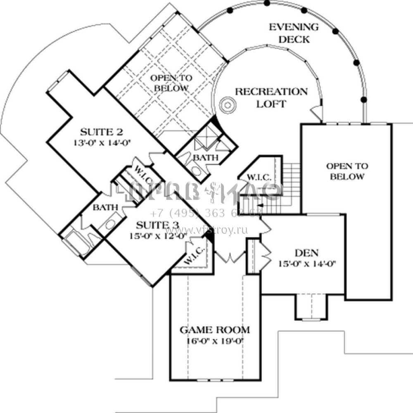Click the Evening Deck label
pos(294,33)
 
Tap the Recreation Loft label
pos(271,97)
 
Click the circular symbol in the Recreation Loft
pos(227,105)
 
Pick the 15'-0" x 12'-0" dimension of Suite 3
pos(159,237)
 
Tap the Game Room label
pos(215,330)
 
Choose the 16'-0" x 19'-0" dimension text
pos(215,342)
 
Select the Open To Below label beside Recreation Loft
pos(169,83)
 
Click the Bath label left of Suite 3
pos(105,207)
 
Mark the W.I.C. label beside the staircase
pos(259,177)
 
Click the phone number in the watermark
pos(206,214)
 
